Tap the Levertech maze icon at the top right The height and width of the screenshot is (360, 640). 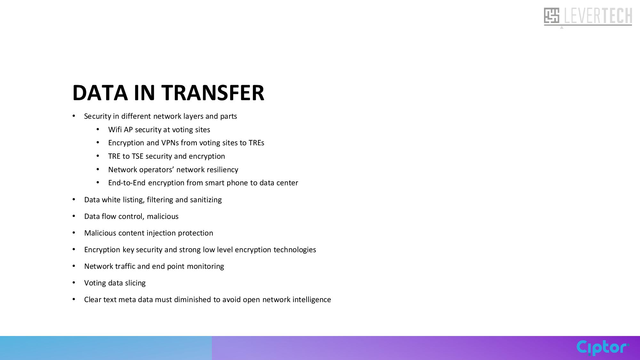552,16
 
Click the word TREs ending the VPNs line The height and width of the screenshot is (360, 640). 256,143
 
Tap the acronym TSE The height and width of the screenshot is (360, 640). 138,156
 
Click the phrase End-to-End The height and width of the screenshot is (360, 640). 127,183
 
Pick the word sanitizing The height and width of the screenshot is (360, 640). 206,200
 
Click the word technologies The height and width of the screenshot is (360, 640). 295,250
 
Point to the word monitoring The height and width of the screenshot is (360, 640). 205,266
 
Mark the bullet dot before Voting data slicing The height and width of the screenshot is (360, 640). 74,283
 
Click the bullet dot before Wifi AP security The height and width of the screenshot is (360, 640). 98,129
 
